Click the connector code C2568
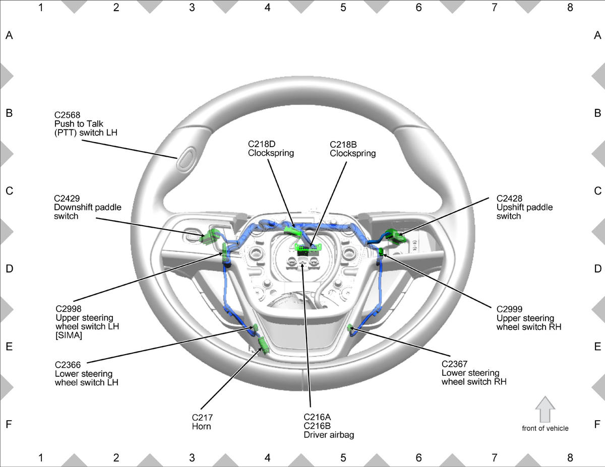67,115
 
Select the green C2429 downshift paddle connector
210,237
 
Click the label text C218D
262,144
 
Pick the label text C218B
343,145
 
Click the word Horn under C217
201,426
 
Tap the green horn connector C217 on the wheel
263,346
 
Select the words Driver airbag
329,435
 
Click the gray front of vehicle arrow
545,409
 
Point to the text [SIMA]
69,336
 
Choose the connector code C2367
454,364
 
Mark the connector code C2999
510,309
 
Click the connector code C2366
68,365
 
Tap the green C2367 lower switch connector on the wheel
350,327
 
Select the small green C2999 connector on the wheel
382,252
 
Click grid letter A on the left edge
9,35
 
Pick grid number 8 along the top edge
570,8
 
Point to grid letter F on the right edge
597,424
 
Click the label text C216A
317,417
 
